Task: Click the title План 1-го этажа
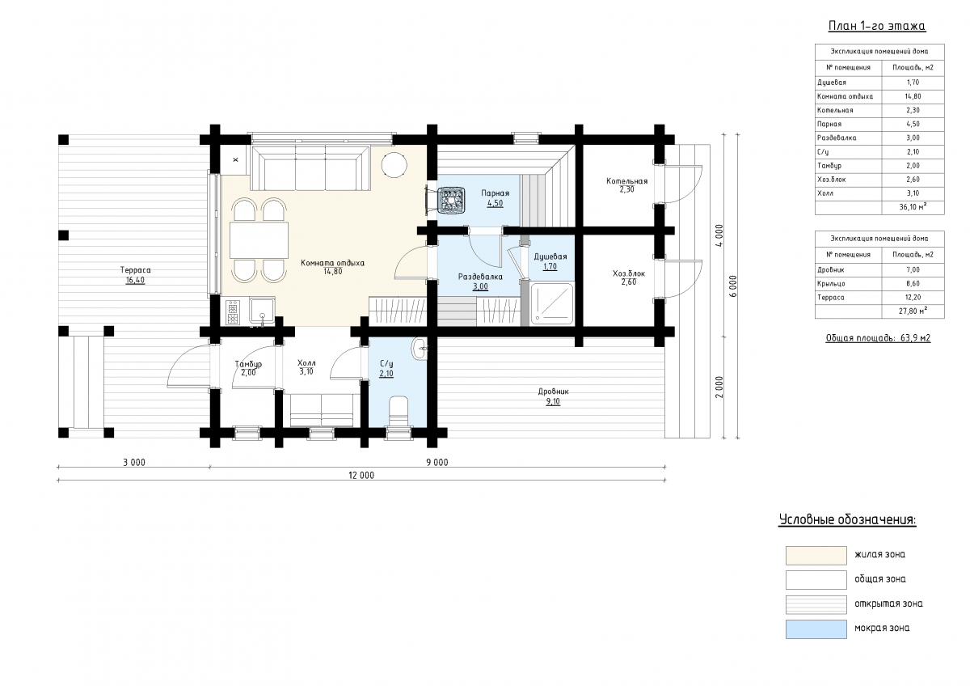877,26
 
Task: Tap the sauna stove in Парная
451,200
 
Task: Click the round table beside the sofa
394,165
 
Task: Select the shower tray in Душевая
551,303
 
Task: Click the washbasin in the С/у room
420,349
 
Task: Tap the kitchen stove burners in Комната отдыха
233,312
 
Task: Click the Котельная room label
626,181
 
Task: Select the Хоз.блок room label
629,273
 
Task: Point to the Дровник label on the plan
553,392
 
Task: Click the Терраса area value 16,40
135,280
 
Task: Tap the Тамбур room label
248,365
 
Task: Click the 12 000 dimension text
361,476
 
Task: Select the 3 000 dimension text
134,463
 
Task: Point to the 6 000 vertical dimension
732,286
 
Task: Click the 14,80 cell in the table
913,96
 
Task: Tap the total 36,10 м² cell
913,207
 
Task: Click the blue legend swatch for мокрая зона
816,629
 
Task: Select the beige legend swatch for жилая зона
816,556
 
